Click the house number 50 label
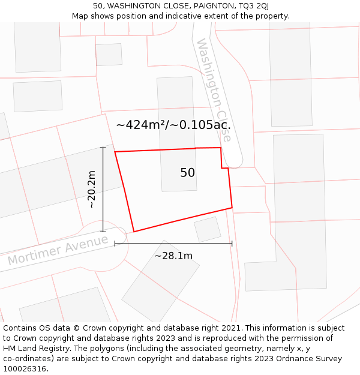point(187,173)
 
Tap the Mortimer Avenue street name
point(58,251)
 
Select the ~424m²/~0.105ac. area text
point(173,125)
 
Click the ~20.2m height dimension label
point(91,190)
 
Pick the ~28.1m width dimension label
point(173,256)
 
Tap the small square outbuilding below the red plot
point(208,229)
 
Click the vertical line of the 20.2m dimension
point(103,190)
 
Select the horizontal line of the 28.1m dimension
point(173,244)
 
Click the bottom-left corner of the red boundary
point(134,231)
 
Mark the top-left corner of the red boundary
point(115,152)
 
